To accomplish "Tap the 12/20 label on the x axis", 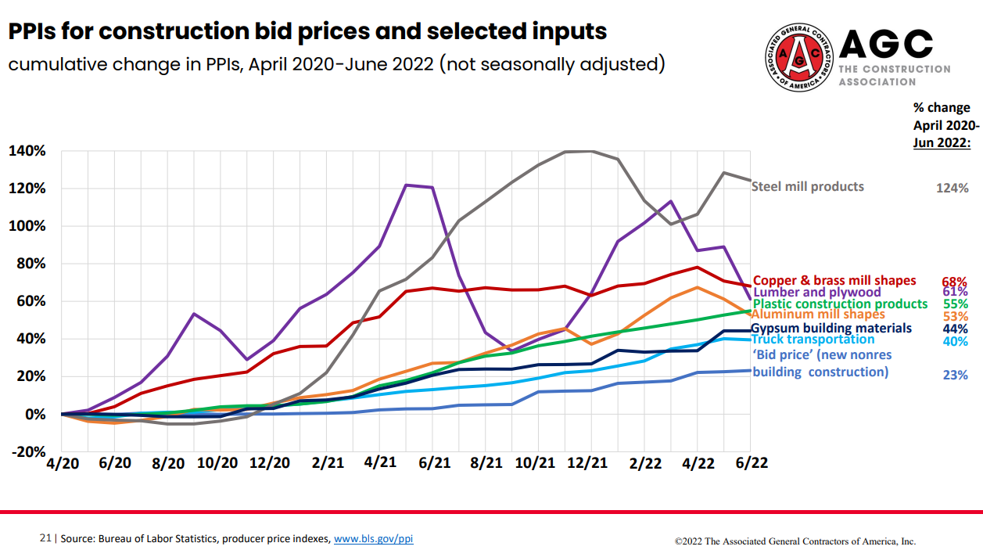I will (269, 462).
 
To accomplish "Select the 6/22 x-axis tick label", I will (752, 462).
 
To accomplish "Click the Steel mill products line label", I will (807, 187).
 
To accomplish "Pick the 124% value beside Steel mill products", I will (952, 188).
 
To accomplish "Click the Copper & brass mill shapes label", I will (834, 281).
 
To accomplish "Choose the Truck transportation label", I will (813, 340).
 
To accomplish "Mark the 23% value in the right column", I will (955, 375).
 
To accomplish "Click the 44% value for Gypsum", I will (955, 329).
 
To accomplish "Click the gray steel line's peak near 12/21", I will (579, 151).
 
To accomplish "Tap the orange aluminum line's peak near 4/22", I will (697, 287).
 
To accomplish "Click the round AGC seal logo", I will (797, 55).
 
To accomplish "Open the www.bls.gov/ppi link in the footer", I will (373, 539).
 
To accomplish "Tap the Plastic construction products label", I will (840, 304).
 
